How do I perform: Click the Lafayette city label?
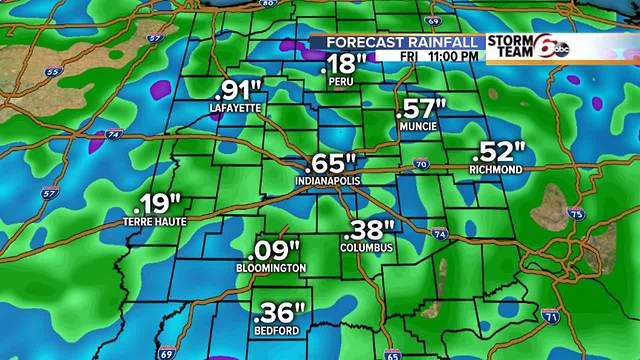(236, 106)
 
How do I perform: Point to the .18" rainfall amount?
(345, 65)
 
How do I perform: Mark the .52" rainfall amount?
(497, 152)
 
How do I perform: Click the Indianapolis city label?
(326, 180)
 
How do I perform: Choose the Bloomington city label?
(271, 269)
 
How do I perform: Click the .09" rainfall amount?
(271, 250)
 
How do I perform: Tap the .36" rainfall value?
(279, 312)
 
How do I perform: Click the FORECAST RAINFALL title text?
(396, 43)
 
